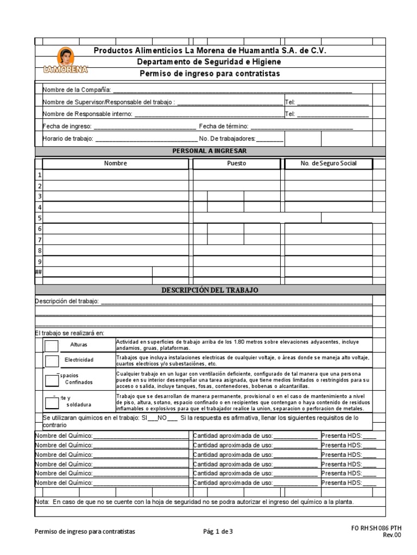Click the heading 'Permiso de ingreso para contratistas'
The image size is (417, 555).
210,73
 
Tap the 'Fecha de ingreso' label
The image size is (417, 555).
67,126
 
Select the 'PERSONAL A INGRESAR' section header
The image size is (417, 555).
209,151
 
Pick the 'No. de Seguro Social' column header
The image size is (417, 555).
328,163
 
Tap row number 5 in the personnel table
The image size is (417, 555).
39,218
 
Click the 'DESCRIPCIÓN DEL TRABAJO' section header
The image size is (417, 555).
210,290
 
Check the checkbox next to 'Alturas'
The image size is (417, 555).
52,345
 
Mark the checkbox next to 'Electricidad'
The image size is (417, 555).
52,360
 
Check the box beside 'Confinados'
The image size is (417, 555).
52,380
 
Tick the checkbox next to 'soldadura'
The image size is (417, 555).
52,402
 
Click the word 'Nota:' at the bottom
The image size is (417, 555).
42,502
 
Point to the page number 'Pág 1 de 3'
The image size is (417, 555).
218,532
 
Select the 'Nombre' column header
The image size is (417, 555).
116,163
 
